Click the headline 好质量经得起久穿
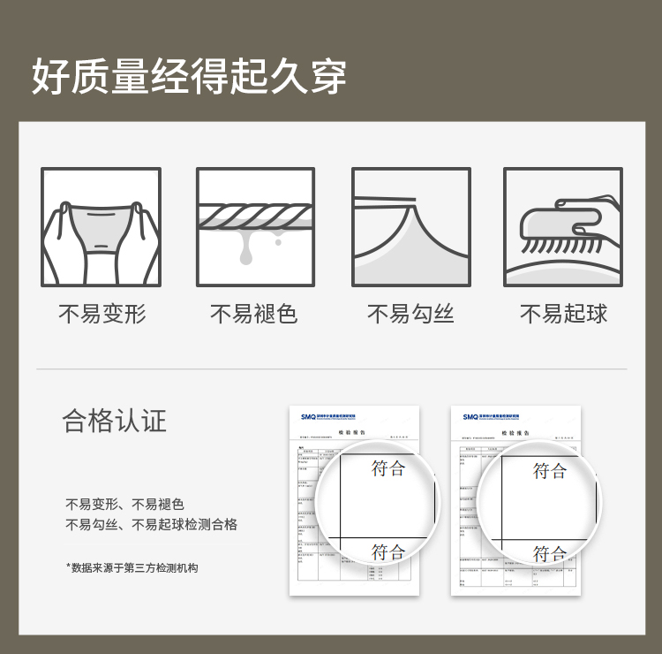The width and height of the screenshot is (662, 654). pos(189,77)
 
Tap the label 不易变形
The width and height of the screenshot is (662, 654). pos(102,314)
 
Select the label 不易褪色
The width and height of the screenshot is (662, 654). pos(254,314)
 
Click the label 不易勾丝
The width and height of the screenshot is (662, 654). pos(410,314)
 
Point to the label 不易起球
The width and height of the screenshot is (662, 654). pos(563,314)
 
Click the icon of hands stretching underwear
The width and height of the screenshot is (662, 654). pos(102,227)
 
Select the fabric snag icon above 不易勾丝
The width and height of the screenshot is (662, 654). pos(411,227)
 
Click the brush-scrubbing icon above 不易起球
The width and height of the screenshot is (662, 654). pos(563,227)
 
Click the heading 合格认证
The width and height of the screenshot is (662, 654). pos(115,421)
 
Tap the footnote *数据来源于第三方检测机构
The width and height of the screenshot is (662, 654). pos(132,567)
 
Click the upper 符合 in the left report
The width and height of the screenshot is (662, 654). pos(388,468)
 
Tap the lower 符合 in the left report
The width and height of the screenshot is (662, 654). pos(388,552)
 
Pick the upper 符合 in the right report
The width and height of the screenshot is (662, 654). pos(550,471)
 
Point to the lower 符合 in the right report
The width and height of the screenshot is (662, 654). pos(550,554)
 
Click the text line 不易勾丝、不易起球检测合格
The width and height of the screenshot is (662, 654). pos(152,525)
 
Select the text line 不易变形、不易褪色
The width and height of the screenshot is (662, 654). pos(124,505)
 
